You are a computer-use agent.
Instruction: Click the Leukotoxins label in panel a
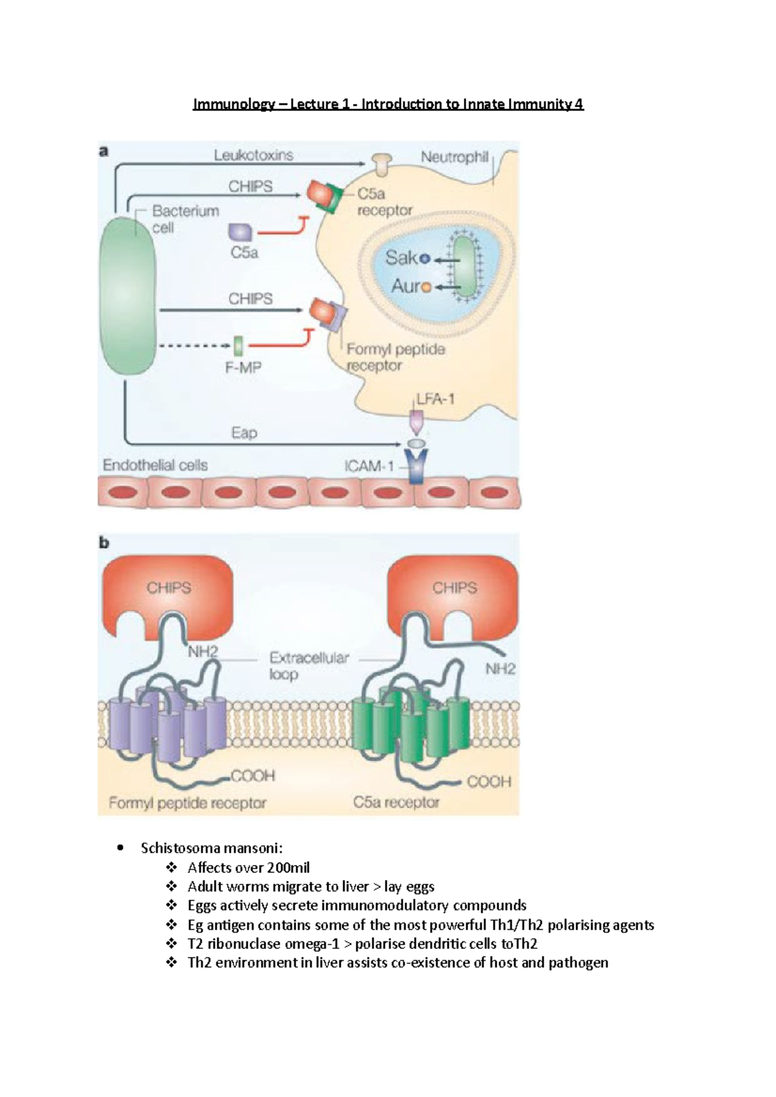(253, 155)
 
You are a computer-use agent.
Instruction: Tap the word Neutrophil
(454, 157)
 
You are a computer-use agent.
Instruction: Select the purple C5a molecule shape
(241, 232)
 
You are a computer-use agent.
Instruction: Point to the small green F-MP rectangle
(239, 346)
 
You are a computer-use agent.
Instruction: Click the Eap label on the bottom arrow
(244, 433)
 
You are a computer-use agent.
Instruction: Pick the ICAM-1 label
(369, 466)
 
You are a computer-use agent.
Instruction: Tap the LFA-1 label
(435, 399)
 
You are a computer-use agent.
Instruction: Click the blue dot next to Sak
(425, 259)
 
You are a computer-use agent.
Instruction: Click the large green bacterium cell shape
(128, 296)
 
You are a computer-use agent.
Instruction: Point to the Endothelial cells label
(155, 465)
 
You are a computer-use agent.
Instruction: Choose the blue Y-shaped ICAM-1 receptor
(417, 466)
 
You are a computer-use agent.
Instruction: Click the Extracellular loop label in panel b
(308, 665)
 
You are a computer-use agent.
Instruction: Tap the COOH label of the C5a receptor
(488, 782)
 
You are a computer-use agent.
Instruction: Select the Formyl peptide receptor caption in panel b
(188, 803)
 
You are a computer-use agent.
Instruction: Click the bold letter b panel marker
(104, 543)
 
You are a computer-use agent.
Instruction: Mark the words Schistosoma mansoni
(211, 848)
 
